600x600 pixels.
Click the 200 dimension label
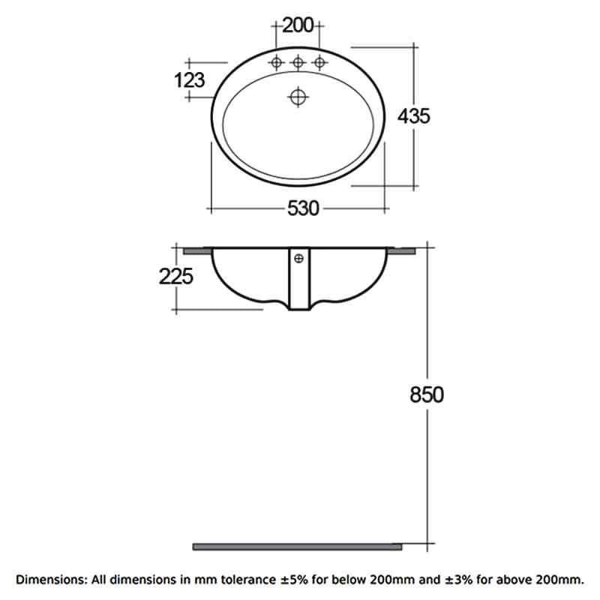coord(298,25)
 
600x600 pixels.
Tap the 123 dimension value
coord(190,80)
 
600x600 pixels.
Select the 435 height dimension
coord(414,116)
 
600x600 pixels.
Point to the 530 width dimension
coord(303,209)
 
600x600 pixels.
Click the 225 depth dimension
coord(176,276)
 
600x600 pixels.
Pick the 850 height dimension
coord(427,394)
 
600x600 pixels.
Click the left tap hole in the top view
coord(276,62)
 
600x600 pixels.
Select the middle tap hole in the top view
coord(298,62)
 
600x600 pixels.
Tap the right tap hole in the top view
coord(319,62)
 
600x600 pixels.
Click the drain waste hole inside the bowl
coord(298,97)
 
